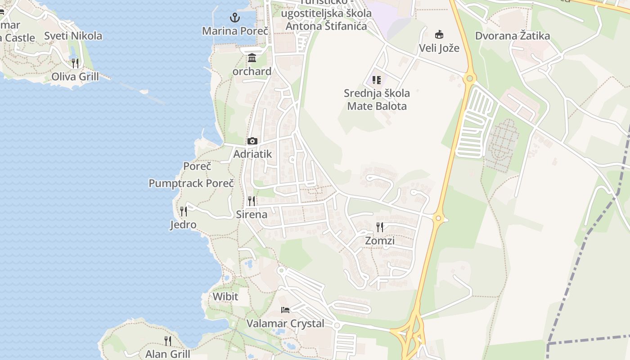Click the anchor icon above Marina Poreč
234,18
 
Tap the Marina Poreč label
235,31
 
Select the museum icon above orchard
252,58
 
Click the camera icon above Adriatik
252,141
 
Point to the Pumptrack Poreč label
191,183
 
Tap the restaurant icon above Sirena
252,201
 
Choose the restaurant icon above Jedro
184,211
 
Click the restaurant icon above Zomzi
380,227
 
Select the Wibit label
225,297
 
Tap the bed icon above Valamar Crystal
285,310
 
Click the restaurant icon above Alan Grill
168,341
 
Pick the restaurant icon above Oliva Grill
75,63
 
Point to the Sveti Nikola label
73,36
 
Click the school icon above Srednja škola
377,80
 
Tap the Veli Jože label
439,48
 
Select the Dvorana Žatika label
513,36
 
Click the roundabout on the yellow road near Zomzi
438,219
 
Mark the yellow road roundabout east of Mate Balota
469,79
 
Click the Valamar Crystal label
285,324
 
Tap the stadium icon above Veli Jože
439,34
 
